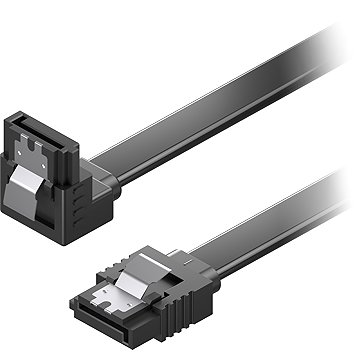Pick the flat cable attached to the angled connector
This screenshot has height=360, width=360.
[200, 120]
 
